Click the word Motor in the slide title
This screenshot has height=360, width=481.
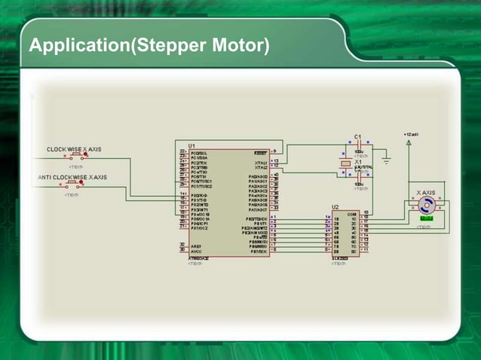[x=244, y=47]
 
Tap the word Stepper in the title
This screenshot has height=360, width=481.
[x=176, y=47]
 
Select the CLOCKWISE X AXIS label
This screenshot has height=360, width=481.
[x=74, y=149]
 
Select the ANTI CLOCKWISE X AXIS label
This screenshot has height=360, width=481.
[x=72, y=177]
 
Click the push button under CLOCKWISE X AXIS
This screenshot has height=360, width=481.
[x=77, y=158]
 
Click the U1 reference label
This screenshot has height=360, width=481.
[x=191, y=144]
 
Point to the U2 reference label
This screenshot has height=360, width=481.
[x=335, y=206]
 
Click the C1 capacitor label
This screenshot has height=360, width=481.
[x=358, y=136]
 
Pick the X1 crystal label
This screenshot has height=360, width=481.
[x=358, y=162]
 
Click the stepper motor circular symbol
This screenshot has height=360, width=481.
[x=427, y=206]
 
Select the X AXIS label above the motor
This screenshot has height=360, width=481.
[x=427, y=193]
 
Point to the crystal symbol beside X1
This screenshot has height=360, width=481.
[x=346, y=163]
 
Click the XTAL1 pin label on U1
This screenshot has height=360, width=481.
[x=261, y=161]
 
